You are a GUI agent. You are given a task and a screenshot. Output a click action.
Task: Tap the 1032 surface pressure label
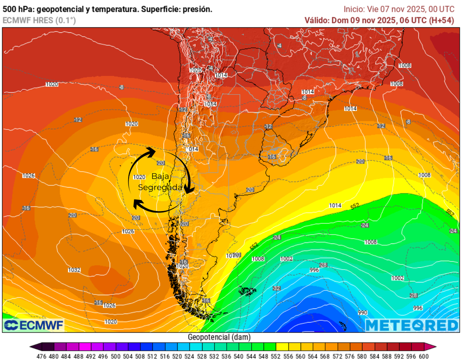74,270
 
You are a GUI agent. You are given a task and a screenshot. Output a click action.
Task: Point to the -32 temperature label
277,288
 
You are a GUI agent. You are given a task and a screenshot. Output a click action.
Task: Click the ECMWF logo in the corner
34,325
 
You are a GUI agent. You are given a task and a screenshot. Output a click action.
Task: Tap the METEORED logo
411,325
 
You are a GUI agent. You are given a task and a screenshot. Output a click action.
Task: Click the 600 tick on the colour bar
423,355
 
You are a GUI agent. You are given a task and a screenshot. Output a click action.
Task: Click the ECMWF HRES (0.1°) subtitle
39,20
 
